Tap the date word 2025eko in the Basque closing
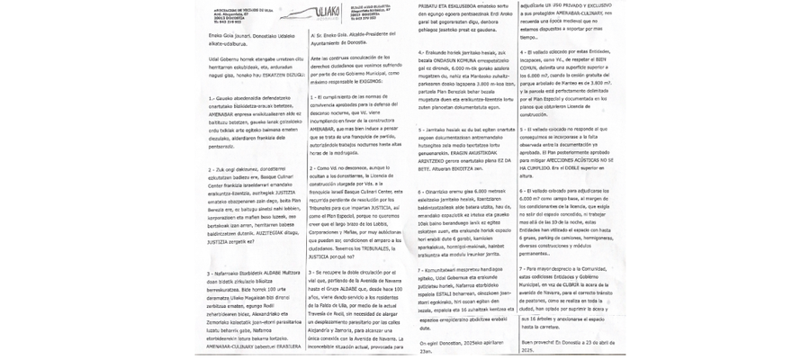[496, 343]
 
